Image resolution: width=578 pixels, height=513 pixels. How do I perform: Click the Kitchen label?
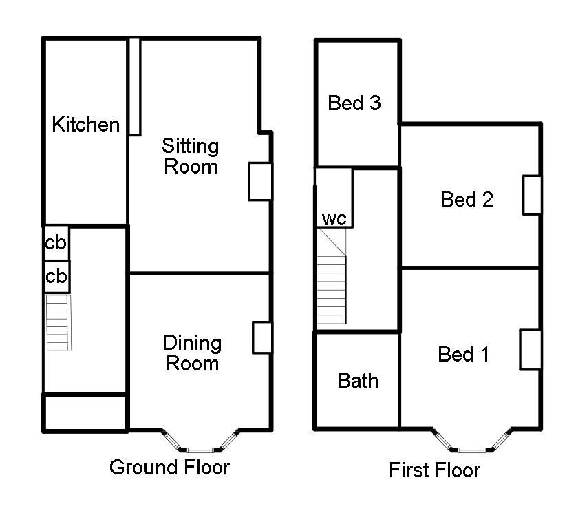(x=86, y=125)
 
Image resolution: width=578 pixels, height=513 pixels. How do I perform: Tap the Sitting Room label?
(x=191, y=156)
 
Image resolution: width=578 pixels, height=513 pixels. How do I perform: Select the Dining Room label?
(x=192, y=353)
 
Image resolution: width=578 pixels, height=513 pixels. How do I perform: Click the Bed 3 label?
(x=354, y=103)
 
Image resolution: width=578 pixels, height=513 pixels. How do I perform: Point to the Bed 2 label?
(x=467, y=200)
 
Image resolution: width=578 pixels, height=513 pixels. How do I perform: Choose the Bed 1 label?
(x=464, y=355)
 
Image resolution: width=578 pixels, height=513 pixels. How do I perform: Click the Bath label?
(x=358, y=380)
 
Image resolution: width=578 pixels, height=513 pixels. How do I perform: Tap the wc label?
(x=334, y=219)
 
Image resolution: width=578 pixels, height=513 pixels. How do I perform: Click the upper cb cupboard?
(x=56, y=243)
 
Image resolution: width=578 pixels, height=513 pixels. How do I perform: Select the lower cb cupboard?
(x=56, y=276)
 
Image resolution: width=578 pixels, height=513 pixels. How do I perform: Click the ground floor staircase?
(x=58, y=322)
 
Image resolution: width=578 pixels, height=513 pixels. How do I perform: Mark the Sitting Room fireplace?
(x=259, y=182)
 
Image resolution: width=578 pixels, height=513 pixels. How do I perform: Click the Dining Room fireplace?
(x=262, y=337)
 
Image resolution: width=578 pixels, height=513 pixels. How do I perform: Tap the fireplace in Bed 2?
(x=532, y=195)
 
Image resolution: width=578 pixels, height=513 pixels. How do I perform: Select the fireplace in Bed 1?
(x=529, y=349)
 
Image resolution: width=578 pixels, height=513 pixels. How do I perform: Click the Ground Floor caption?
(x=169, y=468)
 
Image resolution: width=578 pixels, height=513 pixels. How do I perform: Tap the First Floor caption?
(x=434, y=470)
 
